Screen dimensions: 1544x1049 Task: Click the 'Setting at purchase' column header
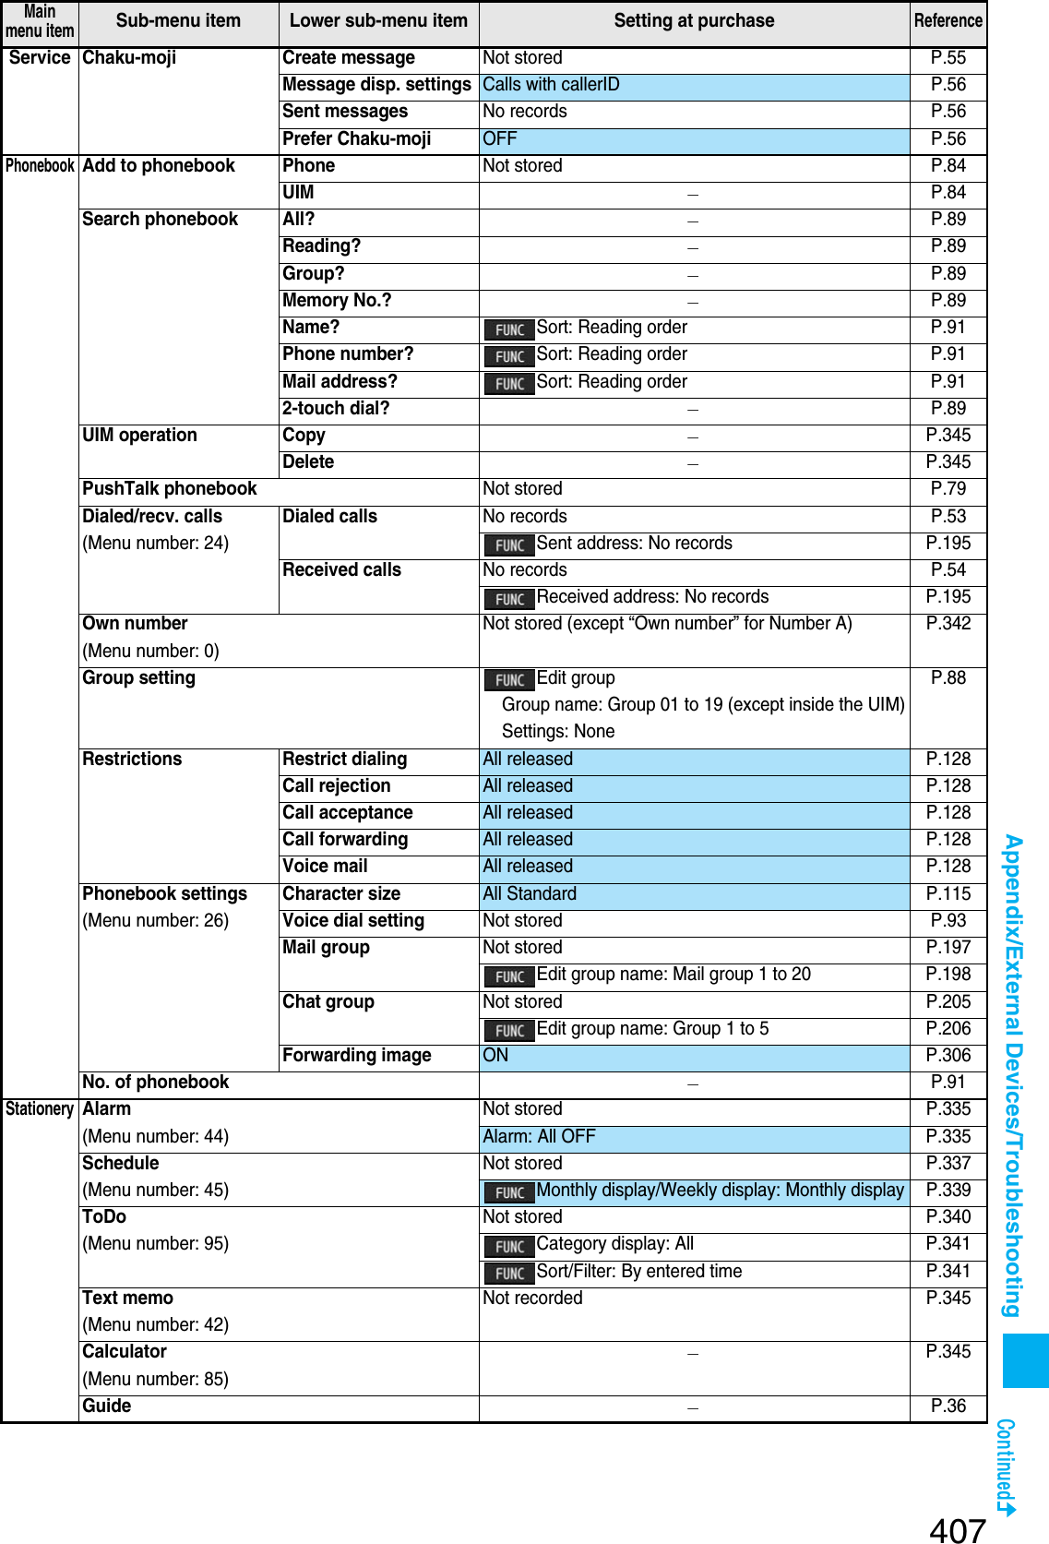[694, 21]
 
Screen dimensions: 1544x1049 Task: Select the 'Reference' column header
[948, 21]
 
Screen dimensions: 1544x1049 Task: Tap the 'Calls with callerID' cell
[551, 85]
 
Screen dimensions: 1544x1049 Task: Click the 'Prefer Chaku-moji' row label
[357, 139]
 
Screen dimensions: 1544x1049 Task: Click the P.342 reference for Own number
[948, 624]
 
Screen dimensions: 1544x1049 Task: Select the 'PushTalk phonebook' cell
[170, 489]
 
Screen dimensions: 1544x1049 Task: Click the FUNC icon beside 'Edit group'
[509, 680]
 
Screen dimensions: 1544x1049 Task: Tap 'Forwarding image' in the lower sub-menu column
[357, 1056]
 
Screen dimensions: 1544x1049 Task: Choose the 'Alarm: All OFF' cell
[539, 1137]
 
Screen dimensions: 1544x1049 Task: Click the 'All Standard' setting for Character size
[530, 894]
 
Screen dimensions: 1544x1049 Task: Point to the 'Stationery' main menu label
[40, 1109]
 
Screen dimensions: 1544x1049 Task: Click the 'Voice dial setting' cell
[353, 921]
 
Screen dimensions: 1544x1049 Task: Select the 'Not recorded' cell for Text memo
[532, 1299]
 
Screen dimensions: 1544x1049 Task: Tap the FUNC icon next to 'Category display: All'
[509, 1247]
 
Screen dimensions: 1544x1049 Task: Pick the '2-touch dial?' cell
[336, 409]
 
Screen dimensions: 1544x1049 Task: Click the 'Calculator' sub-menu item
[125, 1352]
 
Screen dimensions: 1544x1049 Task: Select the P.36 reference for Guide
[948, 1406]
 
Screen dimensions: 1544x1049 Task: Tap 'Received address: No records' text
[652, 597]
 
